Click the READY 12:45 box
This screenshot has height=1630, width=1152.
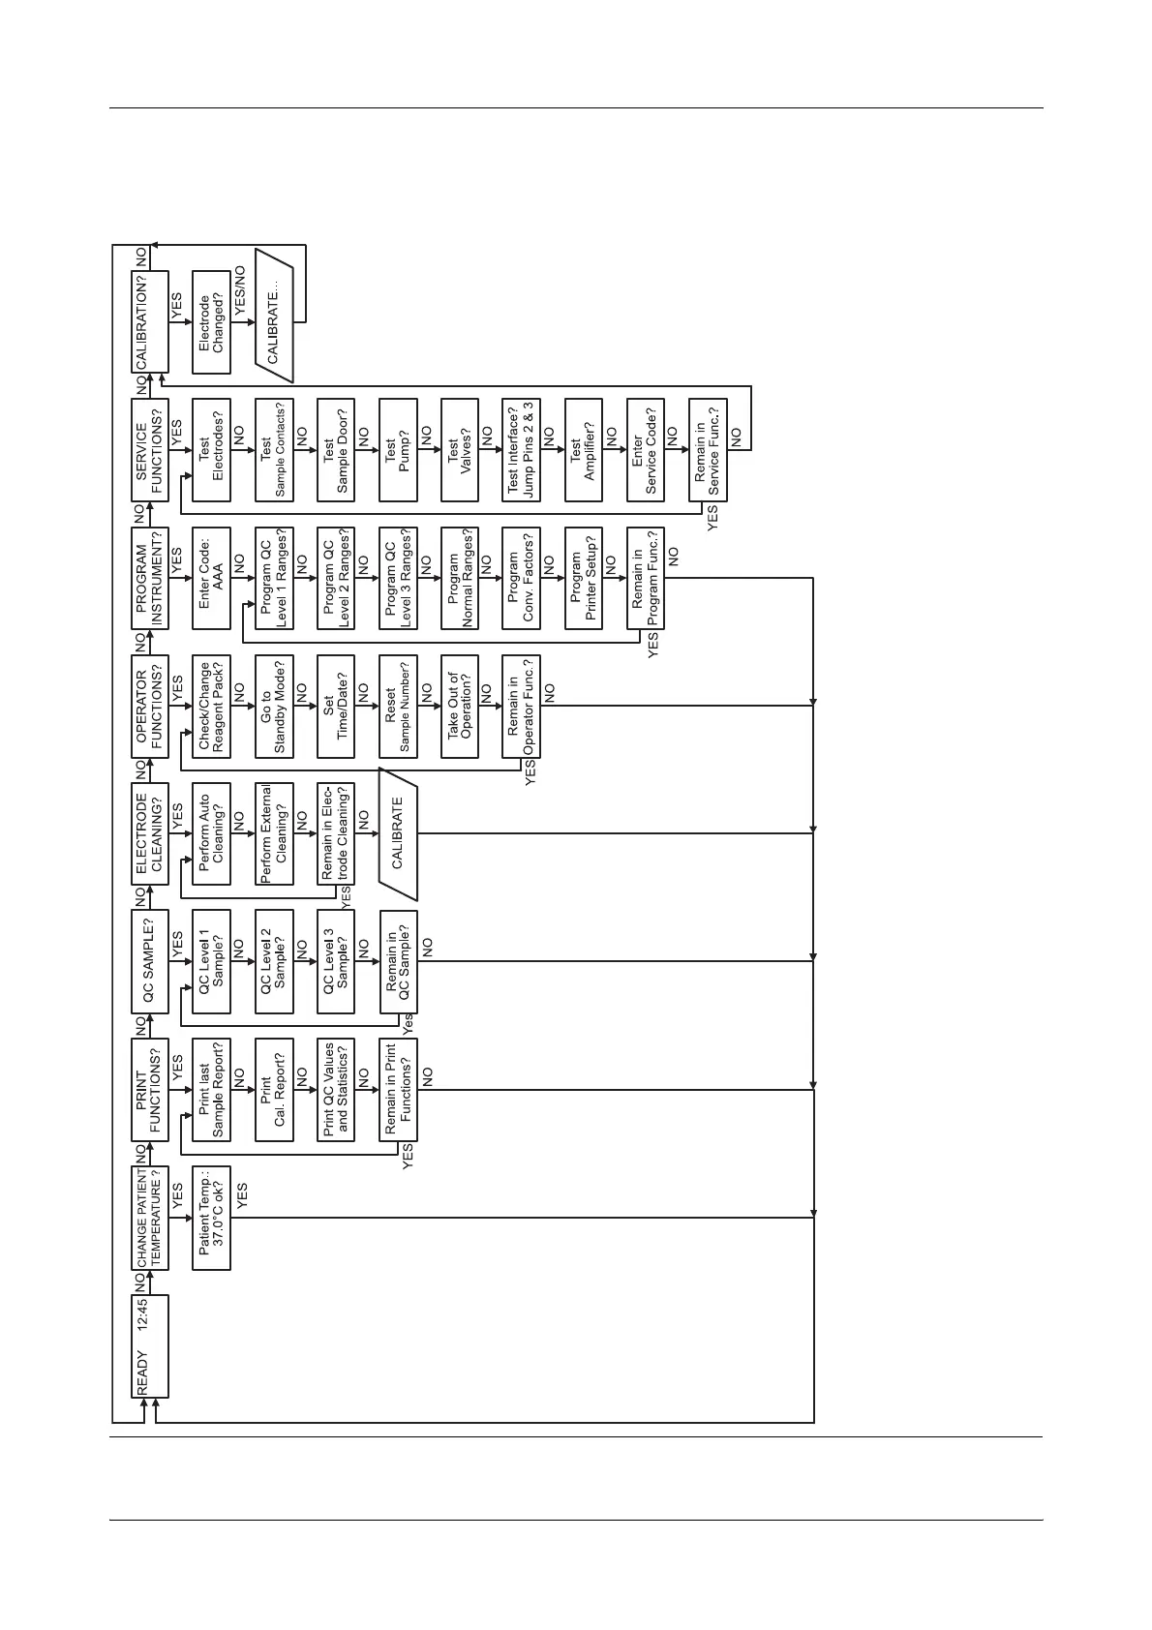pos(150,1346)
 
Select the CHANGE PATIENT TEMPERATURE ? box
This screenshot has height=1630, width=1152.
pos(150,1219)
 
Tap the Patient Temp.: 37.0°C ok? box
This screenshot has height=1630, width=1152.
pos(211,1219)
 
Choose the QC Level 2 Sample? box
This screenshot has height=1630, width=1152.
pos(273,961)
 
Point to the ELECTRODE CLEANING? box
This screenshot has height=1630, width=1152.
pos(150,833)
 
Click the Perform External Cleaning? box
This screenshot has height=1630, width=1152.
pos(273,833)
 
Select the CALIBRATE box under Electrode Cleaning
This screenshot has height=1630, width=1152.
pos(397,833)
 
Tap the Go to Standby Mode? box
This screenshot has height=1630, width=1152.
pos(273,706)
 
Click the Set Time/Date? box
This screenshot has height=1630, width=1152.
pos(335,706)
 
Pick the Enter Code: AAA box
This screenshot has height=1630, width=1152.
pos(211,578)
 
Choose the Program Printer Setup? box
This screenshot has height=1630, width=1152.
pos(583,578)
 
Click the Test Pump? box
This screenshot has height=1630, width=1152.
pos(397,450)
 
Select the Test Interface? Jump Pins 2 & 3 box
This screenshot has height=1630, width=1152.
pos(521,450)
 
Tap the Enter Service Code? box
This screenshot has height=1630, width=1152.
pos(645,450)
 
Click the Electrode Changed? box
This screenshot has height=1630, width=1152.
pos(211,322)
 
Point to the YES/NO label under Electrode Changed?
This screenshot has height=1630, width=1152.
pos(241,289)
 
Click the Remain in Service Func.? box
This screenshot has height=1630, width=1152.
pos(707,450)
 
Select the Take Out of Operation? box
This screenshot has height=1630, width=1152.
pos(459,706)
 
